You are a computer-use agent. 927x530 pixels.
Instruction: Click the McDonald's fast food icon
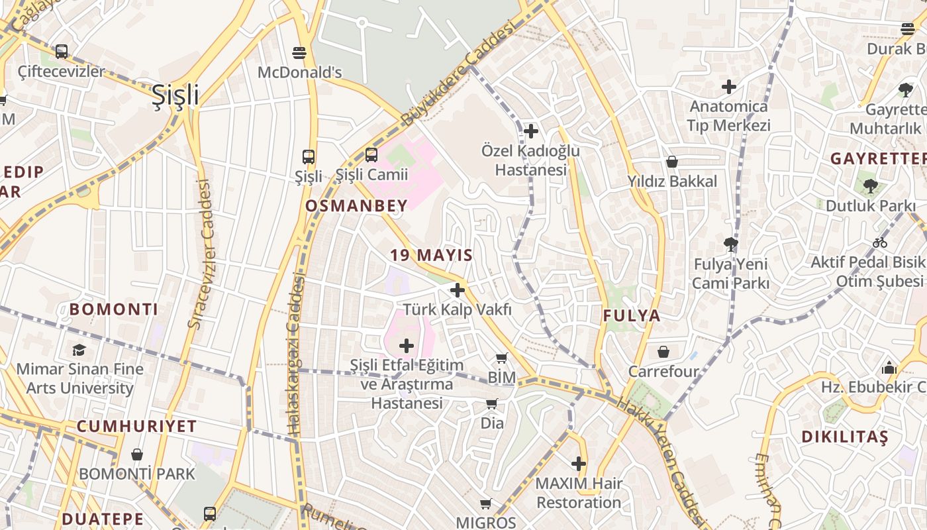[299, 52]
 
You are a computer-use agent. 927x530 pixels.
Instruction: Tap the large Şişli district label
[175, 95]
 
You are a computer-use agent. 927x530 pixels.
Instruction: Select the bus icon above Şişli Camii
[371, 155]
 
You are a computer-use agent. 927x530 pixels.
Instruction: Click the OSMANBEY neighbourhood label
[356, 206]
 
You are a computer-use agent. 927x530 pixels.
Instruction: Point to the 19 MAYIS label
[431, 255]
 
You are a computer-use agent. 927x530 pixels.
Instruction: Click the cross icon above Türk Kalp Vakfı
[457, 290]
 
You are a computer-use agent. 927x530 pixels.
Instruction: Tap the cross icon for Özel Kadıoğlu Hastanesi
[530, 131]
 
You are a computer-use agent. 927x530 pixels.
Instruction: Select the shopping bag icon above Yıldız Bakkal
[672, 162]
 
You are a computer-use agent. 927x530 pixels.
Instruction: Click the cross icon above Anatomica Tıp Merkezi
[729, 87]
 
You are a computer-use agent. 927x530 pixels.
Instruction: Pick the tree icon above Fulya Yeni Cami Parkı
[731, 244]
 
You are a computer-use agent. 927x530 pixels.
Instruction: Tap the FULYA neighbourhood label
[632, 316]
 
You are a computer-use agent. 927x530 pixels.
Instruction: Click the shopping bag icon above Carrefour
[663, 352]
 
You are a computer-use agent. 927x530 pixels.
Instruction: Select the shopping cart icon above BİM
[502, 358]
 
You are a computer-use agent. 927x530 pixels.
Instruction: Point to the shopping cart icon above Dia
[492, 403]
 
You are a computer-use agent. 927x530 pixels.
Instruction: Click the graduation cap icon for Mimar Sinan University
[79, 349]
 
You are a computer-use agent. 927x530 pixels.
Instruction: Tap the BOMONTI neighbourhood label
[114, 309]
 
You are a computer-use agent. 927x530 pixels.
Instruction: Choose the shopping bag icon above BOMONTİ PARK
[137, 454]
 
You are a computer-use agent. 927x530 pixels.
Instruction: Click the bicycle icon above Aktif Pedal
[880, 242]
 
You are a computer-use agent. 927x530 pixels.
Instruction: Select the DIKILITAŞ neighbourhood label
[844, 437]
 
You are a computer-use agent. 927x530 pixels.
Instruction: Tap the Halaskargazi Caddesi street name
[296, 358]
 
